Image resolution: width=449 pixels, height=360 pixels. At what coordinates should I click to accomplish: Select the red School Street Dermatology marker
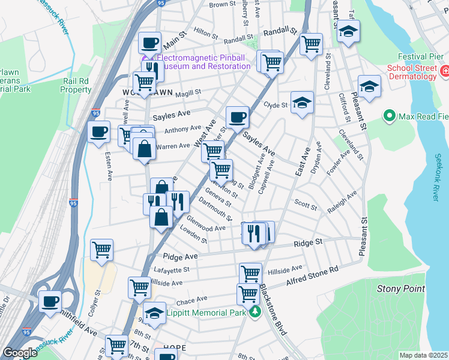tap(445, 72)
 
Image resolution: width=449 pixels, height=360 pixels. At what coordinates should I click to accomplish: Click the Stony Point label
tap(401, 289)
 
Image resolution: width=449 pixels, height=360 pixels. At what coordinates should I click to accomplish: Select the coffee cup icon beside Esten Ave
tap(98, 132)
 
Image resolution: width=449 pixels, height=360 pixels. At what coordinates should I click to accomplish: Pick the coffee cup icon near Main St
tap(149, 43)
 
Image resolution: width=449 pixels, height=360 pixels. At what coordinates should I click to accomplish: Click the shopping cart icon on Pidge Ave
tap(101, 249)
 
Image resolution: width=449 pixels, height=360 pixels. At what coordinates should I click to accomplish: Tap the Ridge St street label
tap(308, 243)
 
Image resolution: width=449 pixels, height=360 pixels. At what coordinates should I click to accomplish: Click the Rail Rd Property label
tap(76, 85)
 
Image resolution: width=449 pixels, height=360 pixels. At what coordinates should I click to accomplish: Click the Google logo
tap(20, 353)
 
